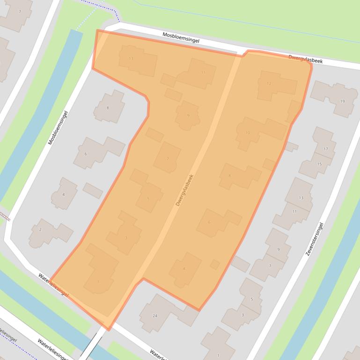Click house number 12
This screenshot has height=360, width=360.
269,84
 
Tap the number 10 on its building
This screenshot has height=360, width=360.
248,133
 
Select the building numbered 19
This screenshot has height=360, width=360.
342,101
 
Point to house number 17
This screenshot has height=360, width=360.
326,149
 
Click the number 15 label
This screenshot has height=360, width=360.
319,164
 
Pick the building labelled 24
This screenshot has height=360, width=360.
155,316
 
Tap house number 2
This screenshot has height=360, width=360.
40,230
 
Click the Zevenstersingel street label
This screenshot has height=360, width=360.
315,239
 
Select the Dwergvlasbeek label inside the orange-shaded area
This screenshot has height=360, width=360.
184,190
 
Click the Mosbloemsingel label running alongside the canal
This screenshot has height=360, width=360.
58,128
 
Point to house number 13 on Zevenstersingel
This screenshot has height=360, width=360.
301,198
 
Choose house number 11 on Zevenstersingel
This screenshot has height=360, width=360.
294,211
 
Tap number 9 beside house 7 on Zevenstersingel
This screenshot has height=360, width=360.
278,250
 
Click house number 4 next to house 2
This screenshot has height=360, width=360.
64,194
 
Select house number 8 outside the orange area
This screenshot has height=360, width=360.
108,108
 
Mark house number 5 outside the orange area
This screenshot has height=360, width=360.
252,299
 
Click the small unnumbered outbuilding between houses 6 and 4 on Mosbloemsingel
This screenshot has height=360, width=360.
93,190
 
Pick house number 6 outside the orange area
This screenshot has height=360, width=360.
86,154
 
